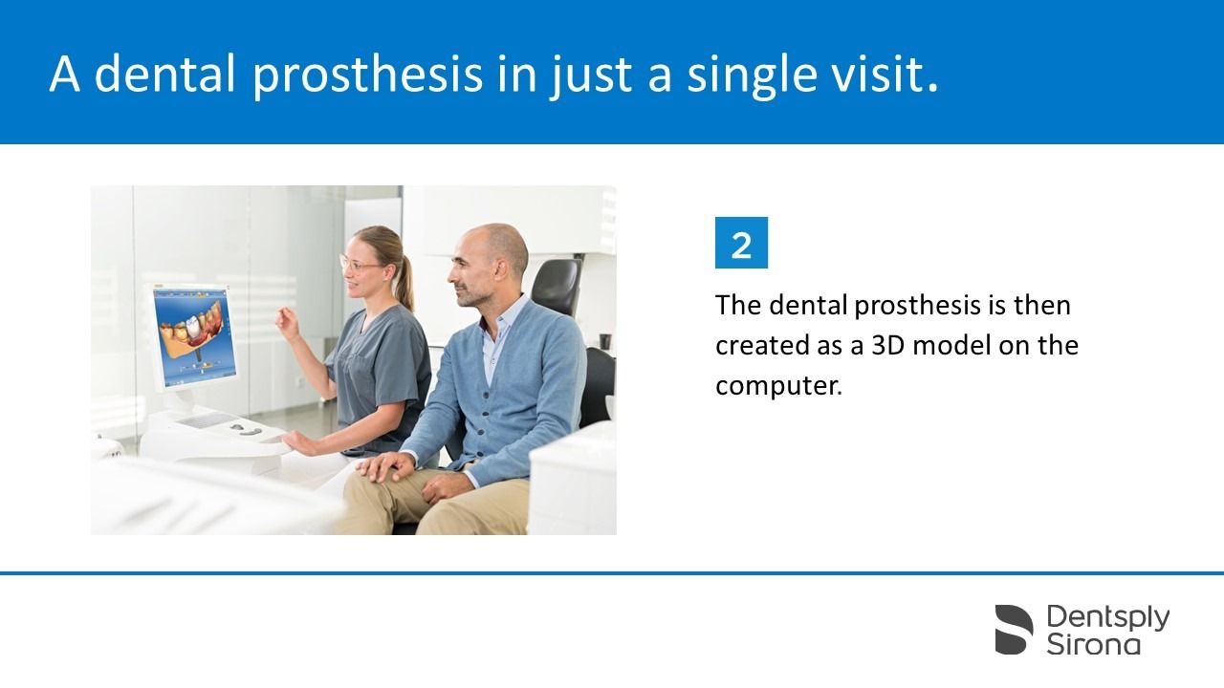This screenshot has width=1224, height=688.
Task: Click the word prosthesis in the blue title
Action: point(368,75)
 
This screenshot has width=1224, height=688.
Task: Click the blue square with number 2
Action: point(741,243)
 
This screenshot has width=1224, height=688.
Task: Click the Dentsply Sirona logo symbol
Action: point(1014,629)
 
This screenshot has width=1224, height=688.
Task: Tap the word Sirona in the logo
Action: point(1093,644)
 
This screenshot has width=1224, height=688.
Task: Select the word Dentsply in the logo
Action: point(1108,617)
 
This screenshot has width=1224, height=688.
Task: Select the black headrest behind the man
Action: point(557,287)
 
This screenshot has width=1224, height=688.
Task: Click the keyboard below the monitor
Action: point(208,420)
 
